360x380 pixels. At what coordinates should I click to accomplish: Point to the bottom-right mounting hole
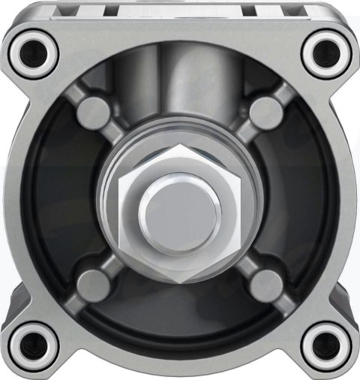[x=325, y=345]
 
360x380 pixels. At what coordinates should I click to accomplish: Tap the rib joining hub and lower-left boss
[x=116, y=263]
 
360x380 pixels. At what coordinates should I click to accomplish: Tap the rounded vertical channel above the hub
[x=180, y=83]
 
